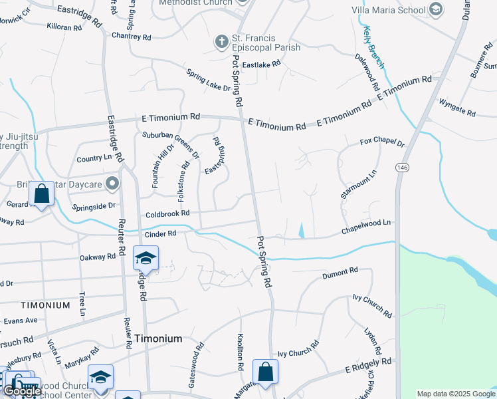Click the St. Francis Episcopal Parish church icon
[x=222, y=42]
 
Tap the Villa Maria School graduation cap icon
[x=435, y=9]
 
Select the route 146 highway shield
[x=402, y=168]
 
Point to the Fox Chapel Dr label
[x=382, y=142]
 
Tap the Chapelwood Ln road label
[x=366, y=227]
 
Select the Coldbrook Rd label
[x=167, y=213]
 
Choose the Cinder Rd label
[x=160, y=234]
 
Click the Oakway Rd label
[x=97, y=257]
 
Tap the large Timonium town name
[x=158, y=338]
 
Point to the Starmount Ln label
[x=358, y=184]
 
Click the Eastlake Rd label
[x=261, y=65]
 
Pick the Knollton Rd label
[x=240, y=352]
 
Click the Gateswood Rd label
[x=195, y=365]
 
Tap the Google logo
[x=21, y=391]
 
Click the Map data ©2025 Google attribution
[x=456, y=394]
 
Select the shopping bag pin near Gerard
[x=42, y=195]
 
